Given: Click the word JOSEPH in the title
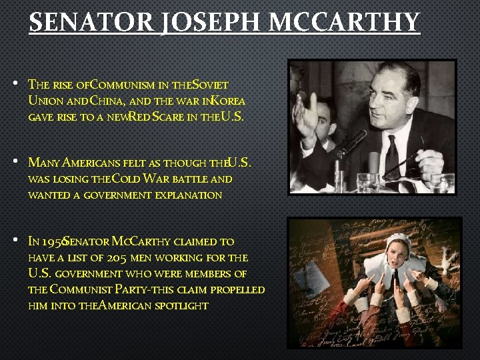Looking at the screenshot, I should click(x=211, y=23).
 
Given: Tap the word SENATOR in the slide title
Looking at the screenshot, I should click(x=93, y=23).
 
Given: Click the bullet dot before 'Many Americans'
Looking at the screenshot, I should click(x=14, y=163).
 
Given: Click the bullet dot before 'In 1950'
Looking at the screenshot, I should click(x=14, y=241).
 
